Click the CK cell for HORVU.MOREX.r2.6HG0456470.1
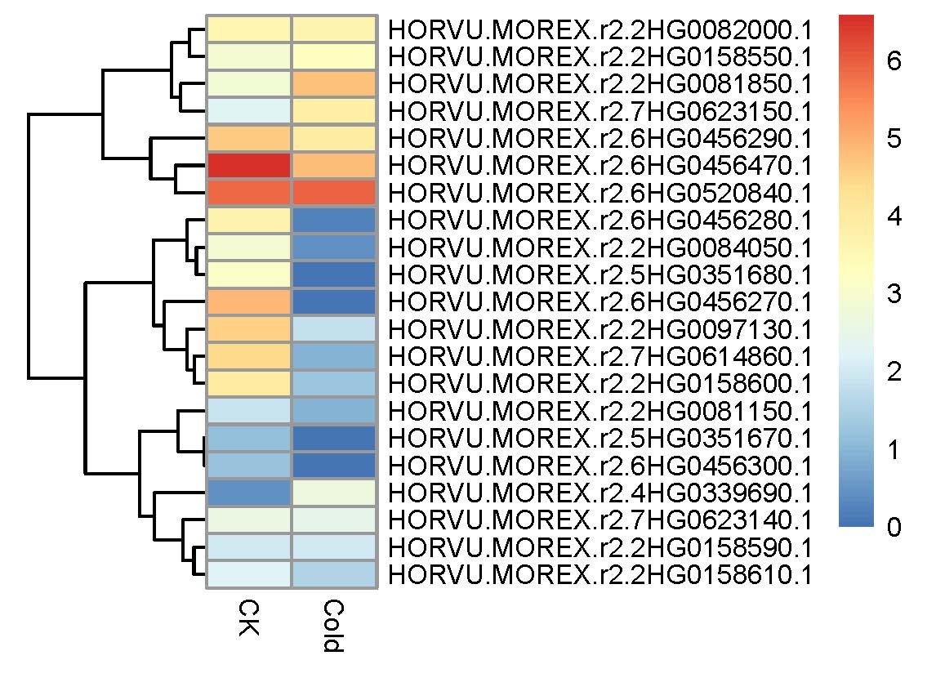coord(249,165)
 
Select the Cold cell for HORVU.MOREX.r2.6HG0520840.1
coord(334,193)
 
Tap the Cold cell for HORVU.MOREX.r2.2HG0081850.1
coord(334,83)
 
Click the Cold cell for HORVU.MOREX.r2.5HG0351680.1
coord(334,274)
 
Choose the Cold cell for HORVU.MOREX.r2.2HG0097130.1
coord(334,329)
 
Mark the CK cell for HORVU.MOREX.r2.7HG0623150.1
coord(249,111)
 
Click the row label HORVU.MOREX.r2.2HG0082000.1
coord(599,29)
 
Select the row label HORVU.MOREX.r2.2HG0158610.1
coord(599,575)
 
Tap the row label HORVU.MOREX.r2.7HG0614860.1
coord(599,356)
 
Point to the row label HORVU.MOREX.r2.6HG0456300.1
coord(599,466)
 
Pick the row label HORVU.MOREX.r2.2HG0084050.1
coord(599,247)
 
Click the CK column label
coord(249,618)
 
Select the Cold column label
coord(334,627)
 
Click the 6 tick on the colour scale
coord(894,60)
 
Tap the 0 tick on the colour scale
coord(894,527)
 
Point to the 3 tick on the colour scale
coord(894,293)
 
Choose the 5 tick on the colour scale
coord(894,138)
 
